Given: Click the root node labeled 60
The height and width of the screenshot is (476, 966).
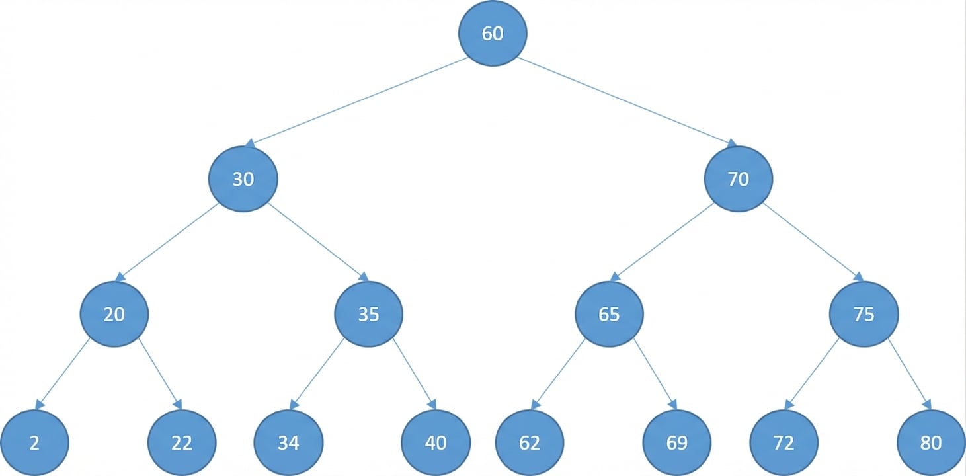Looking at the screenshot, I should [x=493, y=34].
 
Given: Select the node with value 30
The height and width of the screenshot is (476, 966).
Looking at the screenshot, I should [x=243, y=178].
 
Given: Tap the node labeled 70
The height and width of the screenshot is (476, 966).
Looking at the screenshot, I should [x=738, y=178].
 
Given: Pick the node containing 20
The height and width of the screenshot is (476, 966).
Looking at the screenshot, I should [x=114, y=314].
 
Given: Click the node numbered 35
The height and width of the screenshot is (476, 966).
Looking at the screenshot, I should [x=368, y=314].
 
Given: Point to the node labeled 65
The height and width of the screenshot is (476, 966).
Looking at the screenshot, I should [x=609, y=314].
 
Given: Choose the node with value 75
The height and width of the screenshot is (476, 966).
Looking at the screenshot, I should [x=864, y=314].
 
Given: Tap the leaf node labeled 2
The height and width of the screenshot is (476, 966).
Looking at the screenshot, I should [x=34, y=442].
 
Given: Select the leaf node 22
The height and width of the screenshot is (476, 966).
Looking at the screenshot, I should [x=182, y=442].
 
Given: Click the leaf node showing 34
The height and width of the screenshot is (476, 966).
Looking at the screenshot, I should [x=288, y=442].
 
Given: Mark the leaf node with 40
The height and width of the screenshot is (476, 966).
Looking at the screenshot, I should [x=436, y=442].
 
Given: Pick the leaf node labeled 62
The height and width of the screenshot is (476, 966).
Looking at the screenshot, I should [x=530, y=442].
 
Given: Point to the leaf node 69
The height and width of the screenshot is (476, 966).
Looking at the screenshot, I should [x=677, y=442].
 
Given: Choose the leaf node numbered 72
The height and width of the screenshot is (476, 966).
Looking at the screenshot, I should [x=784, y=442].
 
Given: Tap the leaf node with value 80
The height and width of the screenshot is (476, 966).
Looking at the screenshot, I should [x=930, y=442].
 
